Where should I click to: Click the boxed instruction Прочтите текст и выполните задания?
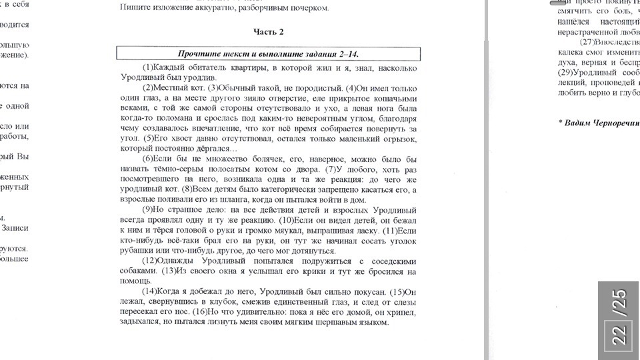click(268, 54)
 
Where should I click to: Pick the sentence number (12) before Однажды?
click(151, 261)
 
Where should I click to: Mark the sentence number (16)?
click(199, 312)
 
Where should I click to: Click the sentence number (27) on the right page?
click(587, 42)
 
